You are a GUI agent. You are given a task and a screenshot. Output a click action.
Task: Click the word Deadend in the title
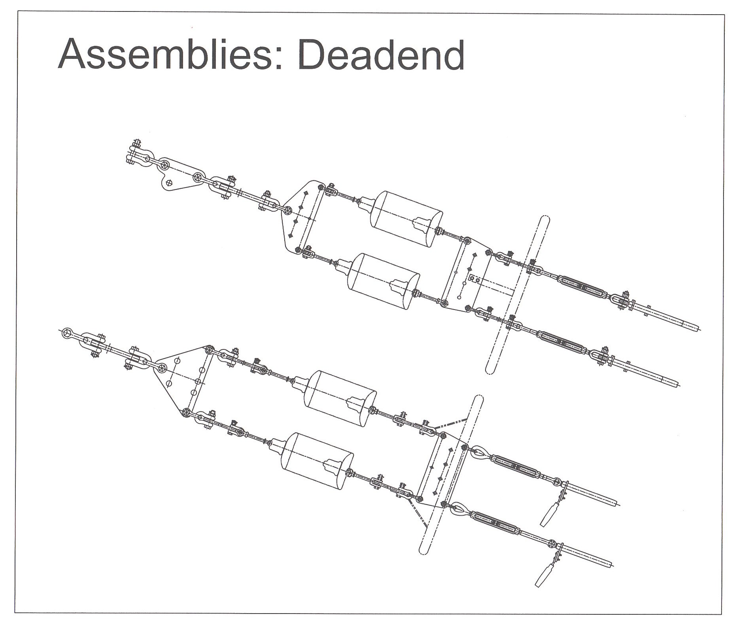point(381,54)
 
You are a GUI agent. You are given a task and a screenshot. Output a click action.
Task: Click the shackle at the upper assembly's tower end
point(137,155)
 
